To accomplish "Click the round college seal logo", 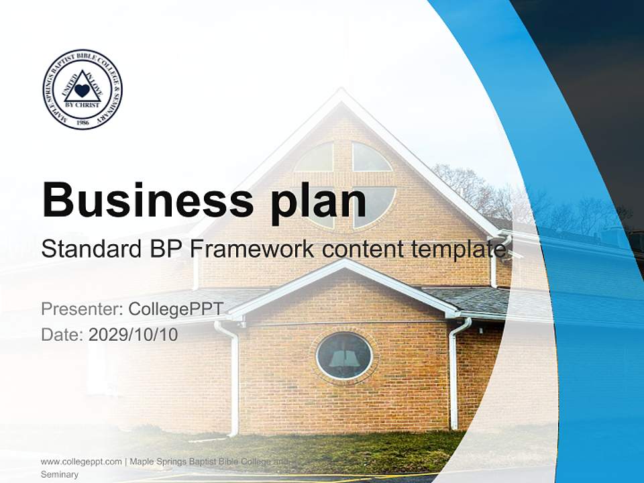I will tap(83, 89).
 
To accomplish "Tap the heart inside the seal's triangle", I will tap(82, 90).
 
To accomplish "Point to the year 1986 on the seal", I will tap(83, 122).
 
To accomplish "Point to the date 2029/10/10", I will tap(133, 334).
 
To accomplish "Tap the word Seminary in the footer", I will tap(60, 474).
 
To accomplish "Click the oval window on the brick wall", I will tap(344, 356).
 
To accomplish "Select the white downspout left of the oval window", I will tap(233, 376).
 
